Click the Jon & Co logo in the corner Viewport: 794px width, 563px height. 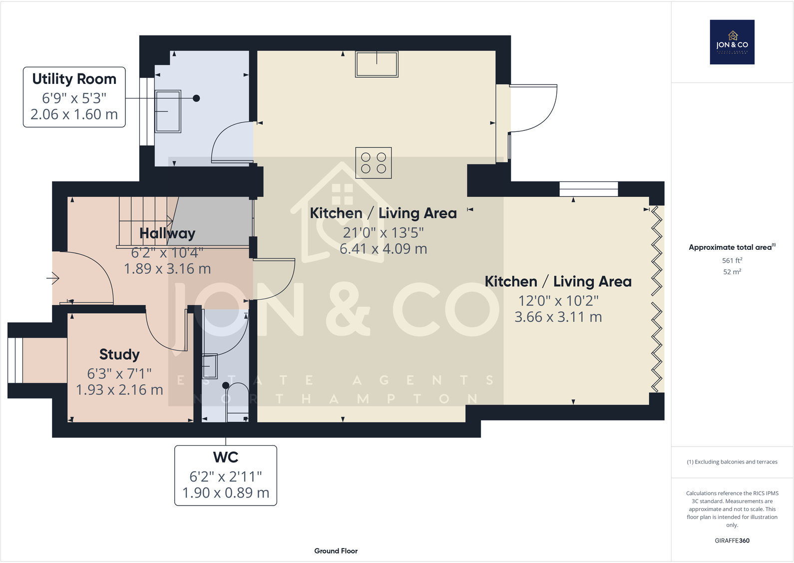click(x=732, y=42)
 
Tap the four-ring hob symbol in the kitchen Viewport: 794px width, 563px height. click(x=374, y=163)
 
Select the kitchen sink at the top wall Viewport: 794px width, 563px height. click(x=377, y=64)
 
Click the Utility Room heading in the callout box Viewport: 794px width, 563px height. click(x=74, y=79)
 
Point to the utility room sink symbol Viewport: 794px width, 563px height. click(x=168, y=111)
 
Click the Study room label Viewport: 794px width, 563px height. click(x=119, y=354)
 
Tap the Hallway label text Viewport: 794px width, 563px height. click(x=167, y=233)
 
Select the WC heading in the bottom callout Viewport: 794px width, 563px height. click(x=226, y=457)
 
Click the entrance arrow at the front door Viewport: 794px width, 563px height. click(x=53, y=278)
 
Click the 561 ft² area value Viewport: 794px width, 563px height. click(x=732, y=260)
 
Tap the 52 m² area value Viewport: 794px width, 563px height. click(x=732, y=272)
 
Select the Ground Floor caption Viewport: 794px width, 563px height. click(x=336, y=551)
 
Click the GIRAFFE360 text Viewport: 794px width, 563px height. click(x=732, y=541)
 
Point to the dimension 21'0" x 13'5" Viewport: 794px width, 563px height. click(x=383, y=232)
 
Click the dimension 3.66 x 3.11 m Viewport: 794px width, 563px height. click(x=558, y=317)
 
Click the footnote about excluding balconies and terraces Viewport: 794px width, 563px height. click(x=732, y=462)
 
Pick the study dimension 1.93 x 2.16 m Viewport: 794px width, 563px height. click(x=119, y=390)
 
